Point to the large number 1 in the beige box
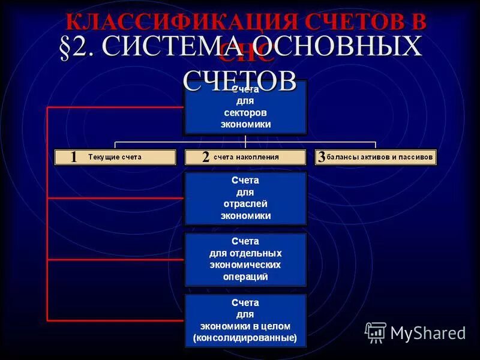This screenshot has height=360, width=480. (73, 157)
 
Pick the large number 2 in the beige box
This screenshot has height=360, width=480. (205, 157)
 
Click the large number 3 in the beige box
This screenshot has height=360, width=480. (322, 157)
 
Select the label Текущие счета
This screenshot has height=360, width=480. (115, 157)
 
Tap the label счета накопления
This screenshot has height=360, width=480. (246, 157)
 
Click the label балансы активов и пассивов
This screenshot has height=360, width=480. (379, 157)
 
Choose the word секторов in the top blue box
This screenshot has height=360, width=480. (245, 113)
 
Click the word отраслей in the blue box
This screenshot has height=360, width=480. (245, 204)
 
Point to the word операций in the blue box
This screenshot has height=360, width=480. (245, 277)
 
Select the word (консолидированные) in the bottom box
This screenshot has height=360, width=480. (245, 338)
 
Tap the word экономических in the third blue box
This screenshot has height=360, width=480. (245, 265)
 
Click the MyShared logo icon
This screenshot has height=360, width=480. (376, 332)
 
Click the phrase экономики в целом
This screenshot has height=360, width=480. (245, 326)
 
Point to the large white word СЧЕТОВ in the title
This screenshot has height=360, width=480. (239, 79)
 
